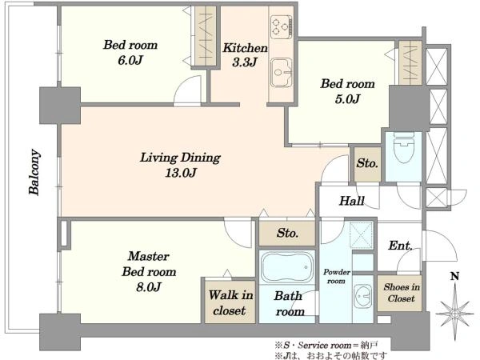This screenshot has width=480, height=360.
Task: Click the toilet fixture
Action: tap(403, 147)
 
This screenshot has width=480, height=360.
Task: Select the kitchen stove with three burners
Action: tap(282, 27)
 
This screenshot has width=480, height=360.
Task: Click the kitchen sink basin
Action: tap(281, 72)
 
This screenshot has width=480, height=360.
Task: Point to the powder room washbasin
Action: tap(362, 296)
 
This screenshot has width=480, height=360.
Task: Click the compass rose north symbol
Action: tap(455, 313)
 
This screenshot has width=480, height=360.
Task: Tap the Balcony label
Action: tap(34, 172)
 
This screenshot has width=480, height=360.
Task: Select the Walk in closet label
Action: tap(230, 302)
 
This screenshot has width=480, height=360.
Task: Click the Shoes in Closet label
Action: tap(401, 293)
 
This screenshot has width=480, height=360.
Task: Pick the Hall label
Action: tap(352, 201)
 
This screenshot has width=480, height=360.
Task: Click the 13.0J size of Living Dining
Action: tap(181, 174)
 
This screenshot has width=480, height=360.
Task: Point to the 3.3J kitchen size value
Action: tap(244, 62)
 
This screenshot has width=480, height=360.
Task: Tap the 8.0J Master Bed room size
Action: tap(149, 287)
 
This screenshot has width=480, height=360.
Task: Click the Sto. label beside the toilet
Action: tap(367, 163)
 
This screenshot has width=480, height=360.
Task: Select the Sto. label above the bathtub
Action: tap(287, 234)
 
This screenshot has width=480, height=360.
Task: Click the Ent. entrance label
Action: tap(401, 246)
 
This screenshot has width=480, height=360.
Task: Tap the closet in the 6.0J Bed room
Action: tap(206, 35)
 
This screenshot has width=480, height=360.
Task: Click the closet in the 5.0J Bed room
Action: tap(410, 62)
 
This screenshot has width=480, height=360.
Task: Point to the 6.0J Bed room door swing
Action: tap(188, 91)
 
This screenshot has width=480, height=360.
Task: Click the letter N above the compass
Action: tap(455, 277)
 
